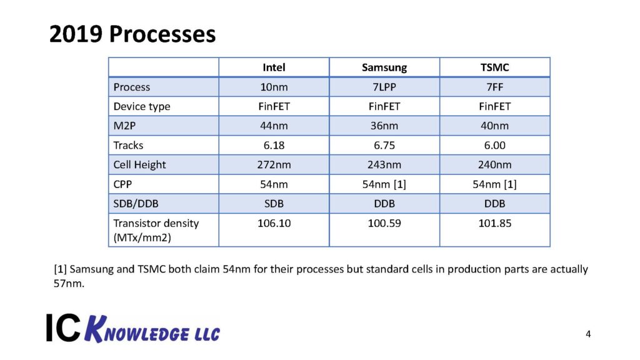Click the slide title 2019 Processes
pyautogui.click(x=132, y=34)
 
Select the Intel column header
pyautogui.click(x=274, y=67)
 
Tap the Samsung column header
pyautogui.click(x=384, y=67)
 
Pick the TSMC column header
pyautogui.click(x=495, y=67)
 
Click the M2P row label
pyautogui.click(x=125, y=126)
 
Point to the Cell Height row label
pyautogui.click(x=139, y=165)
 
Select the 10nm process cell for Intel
pyautogui.click(x=274, y=87)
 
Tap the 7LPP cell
pyautogui.click(x=384, y=87)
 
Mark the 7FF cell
pyautogui.click(x=495, y=87)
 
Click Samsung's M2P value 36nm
pyautogui.click(x=384, y=126)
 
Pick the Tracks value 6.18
pyautogui.click(x=274, y=145)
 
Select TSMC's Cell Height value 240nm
pyautogui.click(x=495, y=165)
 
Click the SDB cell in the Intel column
pyautogui.click(x=274, y=204)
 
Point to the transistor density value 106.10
pyautogui.click(x=274, y=223)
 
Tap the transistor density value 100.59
pyautogui.click(x=384, y=223)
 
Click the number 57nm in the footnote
pyautogui.click(x=67, y=283)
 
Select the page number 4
pyautogui.click(x=588, y=334)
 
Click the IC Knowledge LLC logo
pyautogui.click(x=132, y=327)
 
